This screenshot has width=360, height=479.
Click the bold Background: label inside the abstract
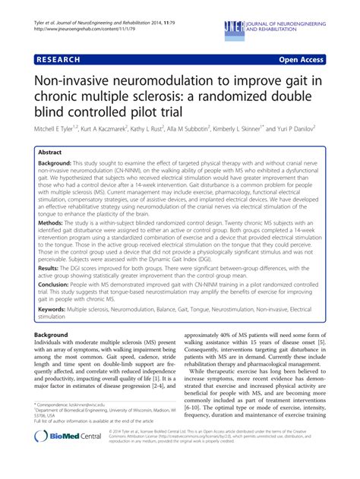[x=65, y=165]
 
